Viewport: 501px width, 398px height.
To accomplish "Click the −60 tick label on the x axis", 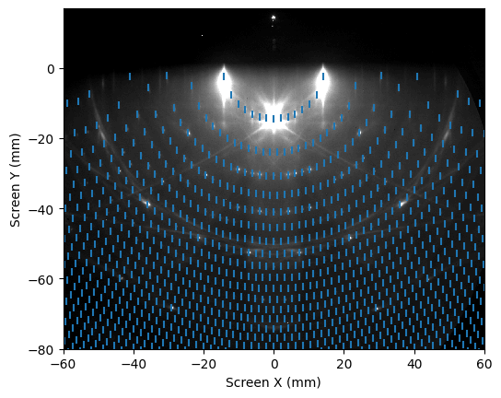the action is point(64,364).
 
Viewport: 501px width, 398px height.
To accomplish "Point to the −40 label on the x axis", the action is point(134,364).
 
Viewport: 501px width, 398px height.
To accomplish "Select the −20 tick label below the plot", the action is point(204,364).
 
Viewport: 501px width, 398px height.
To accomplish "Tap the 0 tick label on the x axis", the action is point(274,364).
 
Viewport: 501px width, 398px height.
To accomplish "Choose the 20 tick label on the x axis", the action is point(344,364).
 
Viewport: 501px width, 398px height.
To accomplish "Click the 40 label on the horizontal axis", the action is point(414,364).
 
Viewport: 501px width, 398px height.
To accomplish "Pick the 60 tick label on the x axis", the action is point(484,364).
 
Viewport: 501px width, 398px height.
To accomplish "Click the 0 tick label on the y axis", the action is point(52,69).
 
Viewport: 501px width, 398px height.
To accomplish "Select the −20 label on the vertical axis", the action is point(41,139).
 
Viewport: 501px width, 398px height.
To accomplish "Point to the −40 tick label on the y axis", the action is point(41,209).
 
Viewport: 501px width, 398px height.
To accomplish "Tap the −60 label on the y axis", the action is point(41,279).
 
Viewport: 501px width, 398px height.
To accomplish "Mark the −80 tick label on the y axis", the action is point(41,350).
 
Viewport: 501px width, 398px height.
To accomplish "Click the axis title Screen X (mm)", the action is point(274,382).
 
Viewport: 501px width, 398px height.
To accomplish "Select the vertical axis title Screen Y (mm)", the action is point(15,180).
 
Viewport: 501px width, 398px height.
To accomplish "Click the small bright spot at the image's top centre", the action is point(274,18).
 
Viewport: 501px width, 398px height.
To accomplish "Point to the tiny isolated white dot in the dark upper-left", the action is point(202,36).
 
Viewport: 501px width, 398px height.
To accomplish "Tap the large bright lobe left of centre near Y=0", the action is point(224,84).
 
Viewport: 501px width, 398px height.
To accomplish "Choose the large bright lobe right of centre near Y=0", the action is point(323,84).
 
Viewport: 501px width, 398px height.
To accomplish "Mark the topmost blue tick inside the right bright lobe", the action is point(323,76).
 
